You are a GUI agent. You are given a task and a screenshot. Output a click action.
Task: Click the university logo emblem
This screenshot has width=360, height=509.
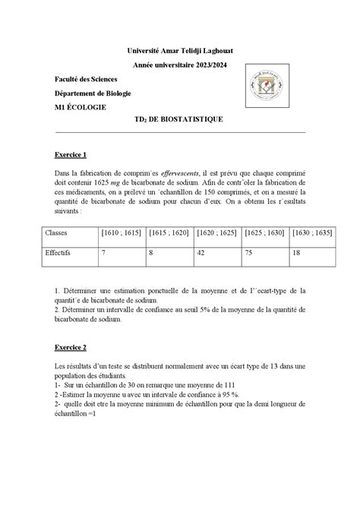(x=268, y=91)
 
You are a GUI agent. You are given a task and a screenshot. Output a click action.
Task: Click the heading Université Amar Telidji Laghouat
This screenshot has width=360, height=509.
(x=179, y=50)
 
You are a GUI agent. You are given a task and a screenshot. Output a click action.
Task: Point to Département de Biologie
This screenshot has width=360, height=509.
(x=93, y=93)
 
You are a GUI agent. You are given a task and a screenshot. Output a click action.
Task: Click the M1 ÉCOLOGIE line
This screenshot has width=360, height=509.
(x=81, y=107)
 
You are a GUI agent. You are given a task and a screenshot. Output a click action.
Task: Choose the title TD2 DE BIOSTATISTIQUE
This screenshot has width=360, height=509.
(x=179, y=119)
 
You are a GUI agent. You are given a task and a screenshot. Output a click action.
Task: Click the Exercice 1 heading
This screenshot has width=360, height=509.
(x=71, y=154)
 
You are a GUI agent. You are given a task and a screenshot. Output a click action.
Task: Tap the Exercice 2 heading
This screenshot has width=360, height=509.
(x=71, y=347)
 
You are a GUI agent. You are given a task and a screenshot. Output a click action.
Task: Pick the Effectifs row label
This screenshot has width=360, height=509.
(x=58, y=253)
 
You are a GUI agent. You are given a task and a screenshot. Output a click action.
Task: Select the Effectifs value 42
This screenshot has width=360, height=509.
(x=201, y=253)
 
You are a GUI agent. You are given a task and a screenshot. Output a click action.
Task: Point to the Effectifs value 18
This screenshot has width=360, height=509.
(x=296, y=253)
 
